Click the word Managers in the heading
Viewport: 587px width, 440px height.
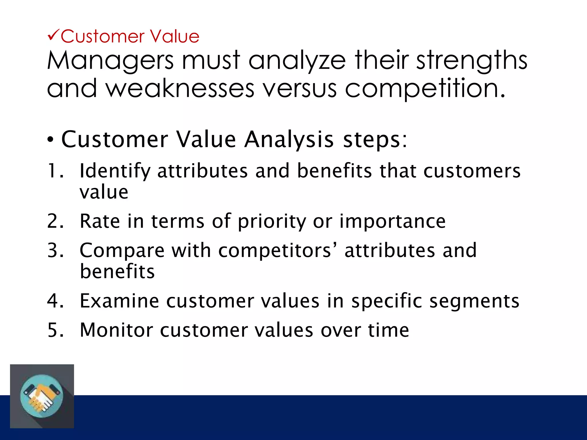click(x=110, y=61)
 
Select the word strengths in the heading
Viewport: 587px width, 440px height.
click(x=471, y=61)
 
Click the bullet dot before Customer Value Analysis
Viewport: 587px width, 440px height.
click(x=50, y=140)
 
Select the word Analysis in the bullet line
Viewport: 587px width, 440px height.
click(x=289, y=140)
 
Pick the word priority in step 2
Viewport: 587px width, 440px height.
click(x=272, y=222)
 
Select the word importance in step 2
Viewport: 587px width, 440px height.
click(x=393, y=221)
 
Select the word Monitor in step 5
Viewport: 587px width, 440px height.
click(x=116, y=330)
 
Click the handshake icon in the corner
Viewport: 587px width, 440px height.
click(x=42, y=396)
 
